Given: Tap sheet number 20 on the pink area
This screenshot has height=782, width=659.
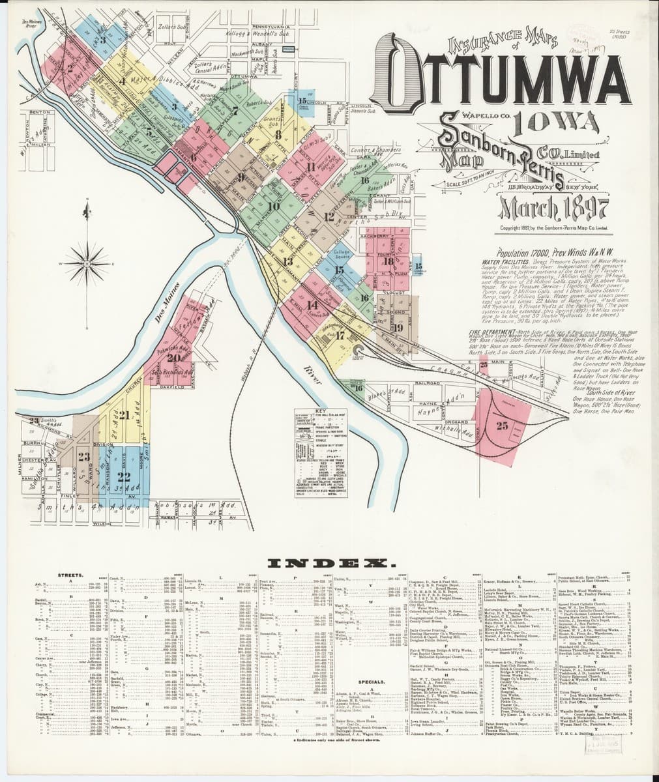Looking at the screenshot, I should (173, 356).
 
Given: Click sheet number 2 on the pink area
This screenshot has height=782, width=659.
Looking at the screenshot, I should (69, 66).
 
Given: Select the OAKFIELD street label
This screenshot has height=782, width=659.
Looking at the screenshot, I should (172, 387).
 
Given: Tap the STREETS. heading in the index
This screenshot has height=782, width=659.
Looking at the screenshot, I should (70, 575).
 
